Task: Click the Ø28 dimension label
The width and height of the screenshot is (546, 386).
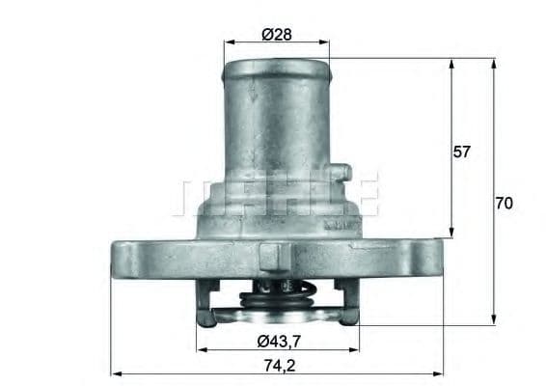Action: pos(277,35)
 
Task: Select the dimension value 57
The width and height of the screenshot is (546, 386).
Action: pos(463,152)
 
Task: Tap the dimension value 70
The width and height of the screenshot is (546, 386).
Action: pos(504,204)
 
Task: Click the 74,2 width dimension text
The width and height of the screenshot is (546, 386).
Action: pos(276,365)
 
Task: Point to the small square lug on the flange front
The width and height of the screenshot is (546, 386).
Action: pos(273,257)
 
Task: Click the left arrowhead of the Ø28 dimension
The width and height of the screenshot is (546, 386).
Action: pos(228,42)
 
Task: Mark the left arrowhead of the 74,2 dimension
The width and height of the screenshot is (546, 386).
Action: pos(115,372)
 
